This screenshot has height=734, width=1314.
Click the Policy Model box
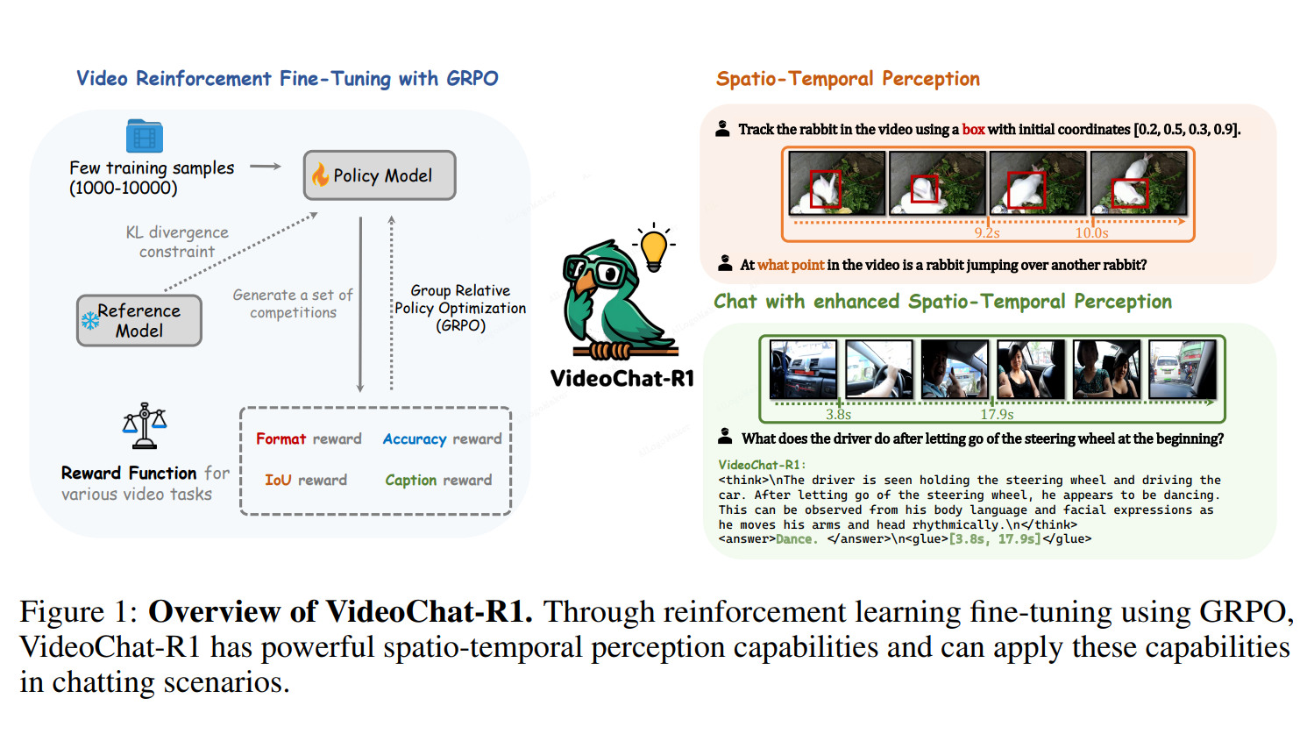coord(380,175)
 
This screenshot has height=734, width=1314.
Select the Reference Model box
coord(139,321)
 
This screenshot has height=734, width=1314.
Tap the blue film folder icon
coord(145,136)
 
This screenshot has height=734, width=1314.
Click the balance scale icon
coord(145,426)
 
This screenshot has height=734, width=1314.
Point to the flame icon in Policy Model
coord(320,175)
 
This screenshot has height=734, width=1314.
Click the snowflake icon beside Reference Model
coord(90,320)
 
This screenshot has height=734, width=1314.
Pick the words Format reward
coord(309,438)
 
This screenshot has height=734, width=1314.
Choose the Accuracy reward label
coord(442,438)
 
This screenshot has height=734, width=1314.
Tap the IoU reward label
coord(306,480)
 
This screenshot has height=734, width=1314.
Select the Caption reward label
coord(438,480)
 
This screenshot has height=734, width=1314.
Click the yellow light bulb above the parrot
coord(654,247)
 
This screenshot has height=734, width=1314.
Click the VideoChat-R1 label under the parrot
coord(622,379)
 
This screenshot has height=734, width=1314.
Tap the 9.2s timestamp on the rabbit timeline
coord(987,232)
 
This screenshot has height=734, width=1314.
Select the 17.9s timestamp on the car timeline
coord(997,414)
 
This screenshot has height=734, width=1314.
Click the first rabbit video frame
coord(836,183)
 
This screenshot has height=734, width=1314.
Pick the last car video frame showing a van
coord(1183,369)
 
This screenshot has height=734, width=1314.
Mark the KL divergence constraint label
coord(177,242)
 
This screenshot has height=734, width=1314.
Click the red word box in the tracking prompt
coord(973,130)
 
